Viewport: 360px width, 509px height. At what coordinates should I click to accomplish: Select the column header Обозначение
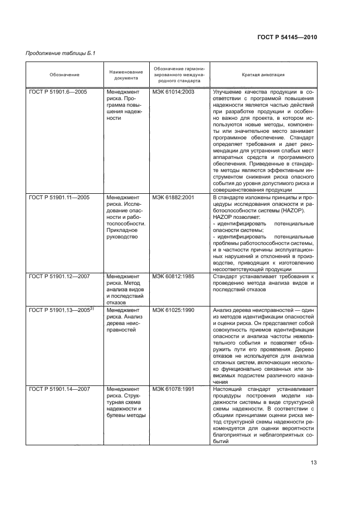(x=64, y=75)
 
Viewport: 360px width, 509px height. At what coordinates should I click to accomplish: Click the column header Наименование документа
(x=126, y=75)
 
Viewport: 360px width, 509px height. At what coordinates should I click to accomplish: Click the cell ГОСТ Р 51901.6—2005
(x=59, y=93)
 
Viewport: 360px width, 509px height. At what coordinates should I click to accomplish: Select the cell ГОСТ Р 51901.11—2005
(x=60, y=212)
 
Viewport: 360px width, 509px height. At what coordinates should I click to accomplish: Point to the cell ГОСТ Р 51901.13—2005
(x=58, y=310)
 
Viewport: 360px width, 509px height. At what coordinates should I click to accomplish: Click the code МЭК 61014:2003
(x=173, y=93)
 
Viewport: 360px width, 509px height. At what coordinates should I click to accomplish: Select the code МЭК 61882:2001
(x=173, y=212)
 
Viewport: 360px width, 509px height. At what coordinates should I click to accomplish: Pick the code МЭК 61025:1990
(x=173, y=310)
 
